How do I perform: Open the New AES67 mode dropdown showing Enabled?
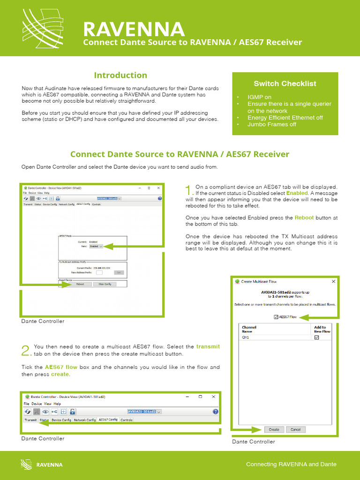pyautogui.click(x=96, y=246)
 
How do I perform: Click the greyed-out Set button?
pyautogui.click(x=119, y=272)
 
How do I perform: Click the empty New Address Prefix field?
pyautogui.click(x=99, y=272)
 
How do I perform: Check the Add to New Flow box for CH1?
pyautogui.click(x=316, y=337)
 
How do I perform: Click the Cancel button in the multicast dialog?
pyautogui.click(x=296, y=429)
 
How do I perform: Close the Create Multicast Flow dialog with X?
pyautogui.click(x=333, y=282)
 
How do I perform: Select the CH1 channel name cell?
pyautogui.click(x=246, y=337)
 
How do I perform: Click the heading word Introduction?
pyautogui.click(x=120, y=75)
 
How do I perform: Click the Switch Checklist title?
pyautogui.click(x=285, y=84)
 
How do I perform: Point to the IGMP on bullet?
pyautogui.click(x=259, y=97)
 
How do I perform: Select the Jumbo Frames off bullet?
pyautogui.click(x=272, y=124)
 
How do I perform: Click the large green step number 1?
pyautogui.click(x=188, y=190)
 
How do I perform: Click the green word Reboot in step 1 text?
pyautogui.click(x=304, y=217)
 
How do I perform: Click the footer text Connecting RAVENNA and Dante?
pyautogui.click(x=291, y=464)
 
